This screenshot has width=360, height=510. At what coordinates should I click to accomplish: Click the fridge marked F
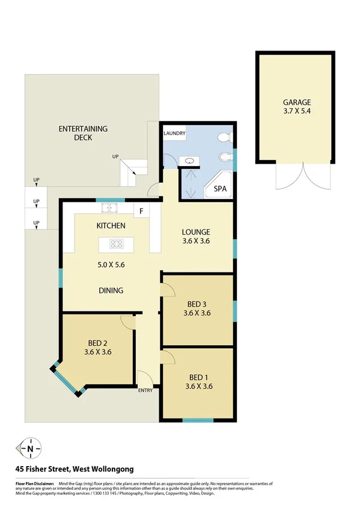(141, 211)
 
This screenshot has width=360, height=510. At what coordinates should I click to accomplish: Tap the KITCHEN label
(111, 226)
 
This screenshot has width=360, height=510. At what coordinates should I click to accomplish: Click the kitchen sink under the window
(109, 209)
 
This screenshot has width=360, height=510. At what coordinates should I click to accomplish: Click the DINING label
(111, 290)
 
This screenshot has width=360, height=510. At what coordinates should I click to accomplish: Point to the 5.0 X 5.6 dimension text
(111, 264)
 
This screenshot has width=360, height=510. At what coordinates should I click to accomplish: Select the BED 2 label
(98, 343)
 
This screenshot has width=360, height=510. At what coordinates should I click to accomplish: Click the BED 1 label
(198, 377)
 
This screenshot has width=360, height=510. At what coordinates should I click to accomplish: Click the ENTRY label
(145, 390)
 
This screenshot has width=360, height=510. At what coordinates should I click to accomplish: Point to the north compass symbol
(29, 448)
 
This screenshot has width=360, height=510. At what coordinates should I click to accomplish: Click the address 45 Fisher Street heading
(75, 469)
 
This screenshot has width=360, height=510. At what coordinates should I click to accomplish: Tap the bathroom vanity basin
(190, 161)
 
